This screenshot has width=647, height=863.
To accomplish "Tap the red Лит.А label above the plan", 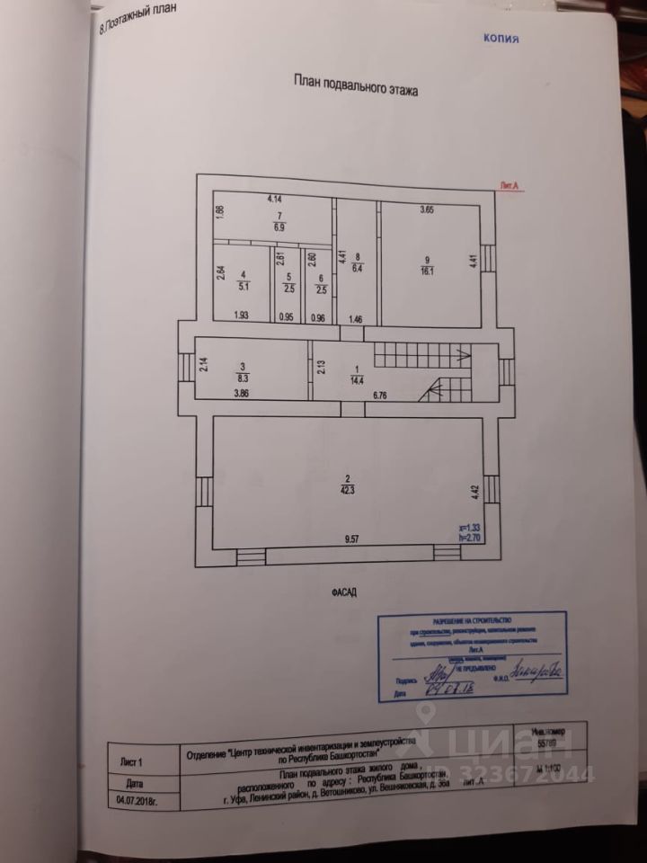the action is (512, 186).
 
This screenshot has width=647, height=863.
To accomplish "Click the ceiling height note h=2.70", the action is (469, 537).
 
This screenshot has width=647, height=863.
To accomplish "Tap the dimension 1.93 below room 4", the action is (242, 316).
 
